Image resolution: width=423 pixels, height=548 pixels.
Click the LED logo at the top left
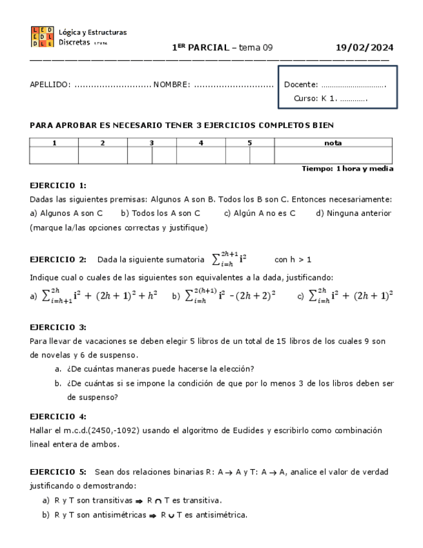(42, 37)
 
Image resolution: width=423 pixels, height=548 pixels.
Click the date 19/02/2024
(365, 48)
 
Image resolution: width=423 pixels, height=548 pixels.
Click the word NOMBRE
(171, 85)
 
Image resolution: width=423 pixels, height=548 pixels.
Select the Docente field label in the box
(301, 85)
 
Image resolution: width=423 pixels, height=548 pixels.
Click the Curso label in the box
(305, 99)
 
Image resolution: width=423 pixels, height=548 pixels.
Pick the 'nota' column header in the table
(333, 143)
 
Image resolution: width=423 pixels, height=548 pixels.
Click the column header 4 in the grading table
(201, 143)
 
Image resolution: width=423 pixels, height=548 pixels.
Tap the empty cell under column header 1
(54, 155)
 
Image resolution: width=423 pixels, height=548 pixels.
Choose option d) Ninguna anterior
(353, 213)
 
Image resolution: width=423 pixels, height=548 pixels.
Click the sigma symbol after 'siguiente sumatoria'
(216, 260)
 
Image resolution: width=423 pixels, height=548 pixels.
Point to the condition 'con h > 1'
(293, 260)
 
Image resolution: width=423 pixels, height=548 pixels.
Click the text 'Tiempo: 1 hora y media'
(347, 169)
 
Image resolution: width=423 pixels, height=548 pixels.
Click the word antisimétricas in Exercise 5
(119, 515)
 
